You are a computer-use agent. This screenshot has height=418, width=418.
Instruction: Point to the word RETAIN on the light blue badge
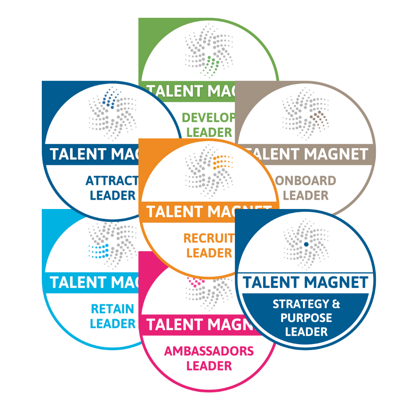[x=112, y=309]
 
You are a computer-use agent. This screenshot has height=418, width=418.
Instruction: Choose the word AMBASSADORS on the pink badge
[x=209, y=351]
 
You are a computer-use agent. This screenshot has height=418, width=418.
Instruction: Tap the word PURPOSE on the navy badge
[x=306, y=318]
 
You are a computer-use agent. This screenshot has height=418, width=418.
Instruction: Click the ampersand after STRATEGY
[x=336, y=304]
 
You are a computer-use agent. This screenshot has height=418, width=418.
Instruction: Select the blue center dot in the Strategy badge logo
[x=306, y=244]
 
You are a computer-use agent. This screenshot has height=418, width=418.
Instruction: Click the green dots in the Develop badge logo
[x=212, y=63]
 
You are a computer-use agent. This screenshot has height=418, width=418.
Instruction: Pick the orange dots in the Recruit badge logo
[x=223, y=161]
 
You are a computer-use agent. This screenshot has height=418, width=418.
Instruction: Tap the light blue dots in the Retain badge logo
[x=98, y=251]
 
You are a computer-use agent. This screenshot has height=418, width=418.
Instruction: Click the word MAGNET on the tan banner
[x=335, y=154]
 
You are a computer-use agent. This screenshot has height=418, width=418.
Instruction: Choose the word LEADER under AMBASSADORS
[x=209, y=366]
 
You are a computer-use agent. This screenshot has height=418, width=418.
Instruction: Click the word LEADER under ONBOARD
[x=306, y=195]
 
